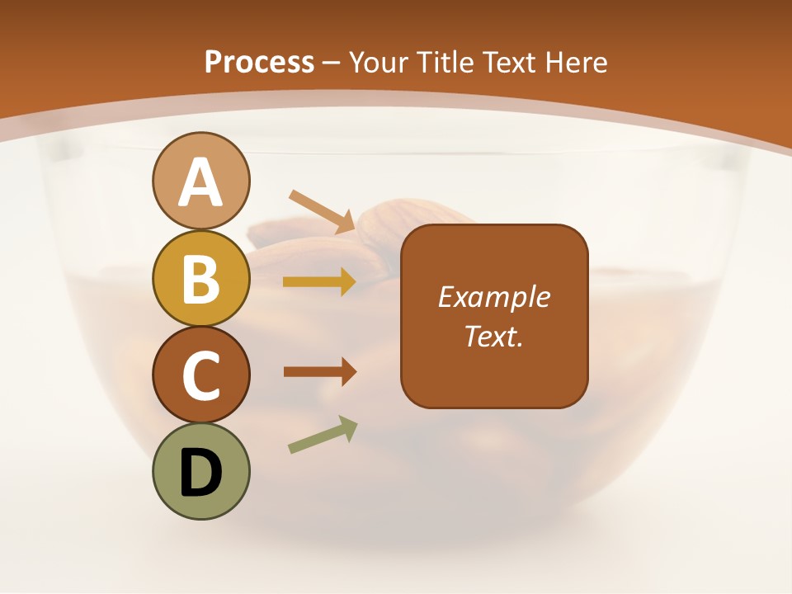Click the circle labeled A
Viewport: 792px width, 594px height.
(200, 181)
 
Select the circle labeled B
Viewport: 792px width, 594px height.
(200, 278)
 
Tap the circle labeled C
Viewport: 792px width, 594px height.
(200, 375)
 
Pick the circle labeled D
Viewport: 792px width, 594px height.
(200, 471)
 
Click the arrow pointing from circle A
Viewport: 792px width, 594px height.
(322, 212)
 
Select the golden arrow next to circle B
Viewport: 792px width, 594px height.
(319, 282)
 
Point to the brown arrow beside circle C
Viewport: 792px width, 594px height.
(319, 372)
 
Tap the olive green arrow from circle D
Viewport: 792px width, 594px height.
(323, 436)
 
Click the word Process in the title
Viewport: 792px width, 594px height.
(259, 63)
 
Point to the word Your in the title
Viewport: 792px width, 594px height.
(377, 63)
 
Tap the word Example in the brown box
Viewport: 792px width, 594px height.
(493, 297)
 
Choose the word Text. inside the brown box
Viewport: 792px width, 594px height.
(493, 336)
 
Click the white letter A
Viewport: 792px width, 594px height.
(200, 182)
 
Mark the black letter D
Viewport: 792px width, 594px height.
(200, 473)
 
